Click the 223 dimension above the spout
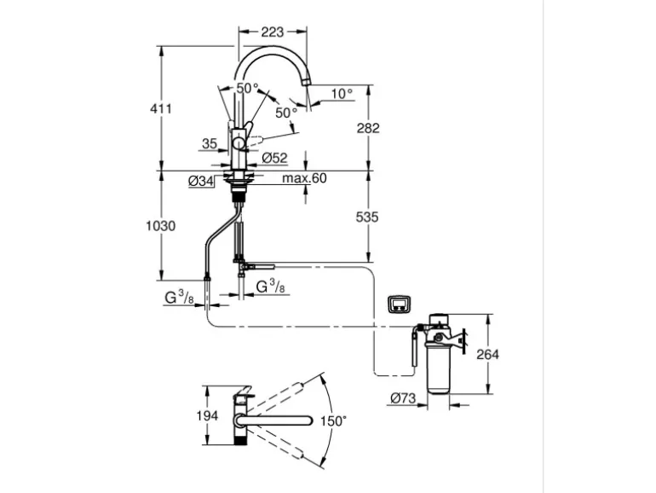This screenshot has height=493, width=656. (272, 32)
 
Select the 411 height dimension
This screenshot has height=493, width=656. (160, 108)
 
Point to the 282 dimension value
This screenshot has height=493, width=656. (368, 128)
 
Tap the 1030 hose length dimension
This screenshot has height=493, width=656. (160, 226)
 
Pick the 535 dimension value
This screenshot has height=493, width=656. (368, 217)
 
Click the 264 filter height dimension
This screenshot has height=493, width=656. (489, 354)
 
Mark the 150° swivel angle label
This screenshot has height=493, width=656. (334, 420)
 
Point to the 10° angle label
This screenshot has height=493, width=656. (342, 94)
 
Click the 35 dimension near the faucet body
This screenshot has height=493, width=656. (210, 144)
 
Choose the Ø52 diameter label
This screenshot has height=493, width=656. (273, 157)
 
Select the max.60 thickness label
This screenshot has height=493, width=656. (280, 178)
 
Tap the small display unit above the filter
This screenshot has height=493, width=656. (398, 303)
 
